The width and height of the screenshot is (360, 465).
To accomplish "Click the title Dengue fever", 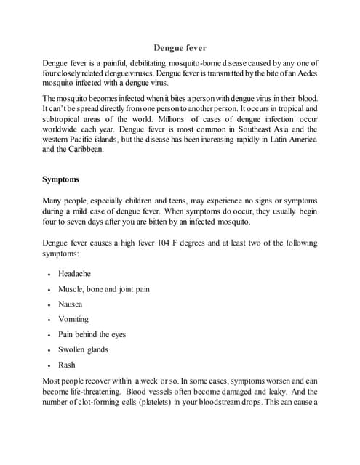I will pos(186,47).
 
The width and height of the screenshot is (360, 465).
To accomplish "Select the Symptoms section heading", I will pos(61,178).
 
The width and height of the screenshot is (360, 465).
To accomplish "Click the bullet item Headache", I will pos(74,274).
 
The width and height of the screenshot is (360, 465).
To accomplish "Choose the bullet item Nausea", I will pos(71,304).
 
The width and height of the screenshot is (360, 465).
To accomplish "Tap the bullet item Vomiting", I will pos(73,319).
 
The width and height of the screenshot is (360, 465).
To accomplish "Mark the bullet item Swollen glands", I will pos(83,349).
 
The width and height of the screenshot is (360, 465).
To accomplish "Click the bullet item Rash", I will pos(66,365).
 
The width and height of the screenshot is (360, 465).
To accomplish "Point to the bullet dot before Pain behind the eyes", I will pos(49,335).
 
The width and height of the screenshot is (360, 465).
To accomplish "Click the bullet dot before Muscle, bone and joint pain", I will pos(49,289).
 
